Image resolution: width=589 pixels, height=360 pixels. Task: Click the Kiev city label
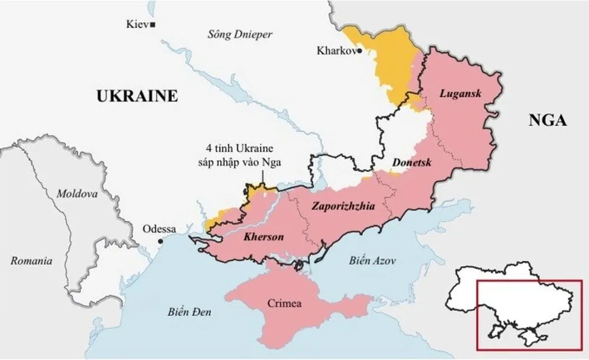[137, 24]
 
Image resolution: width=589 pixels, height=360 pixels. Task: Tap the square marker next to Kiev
[153, 24]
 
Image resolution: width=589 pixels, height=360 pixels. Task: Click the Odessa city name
[159, 229]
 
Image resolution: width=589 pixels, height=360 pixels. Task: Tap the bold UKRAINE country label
[137, 95]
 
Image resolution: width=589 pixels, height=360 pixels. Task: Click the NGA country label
[547, 121]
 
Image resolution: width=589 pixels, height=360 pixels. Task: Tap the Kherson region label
[263, 237]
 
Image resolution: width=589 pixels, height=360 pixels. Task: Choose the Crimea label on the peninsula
[284, 304]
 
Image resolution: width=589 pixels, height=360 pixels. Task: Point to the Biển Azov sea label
[372, 260]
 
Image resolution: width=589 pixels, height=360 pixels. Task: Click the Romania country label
[31, 260]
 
